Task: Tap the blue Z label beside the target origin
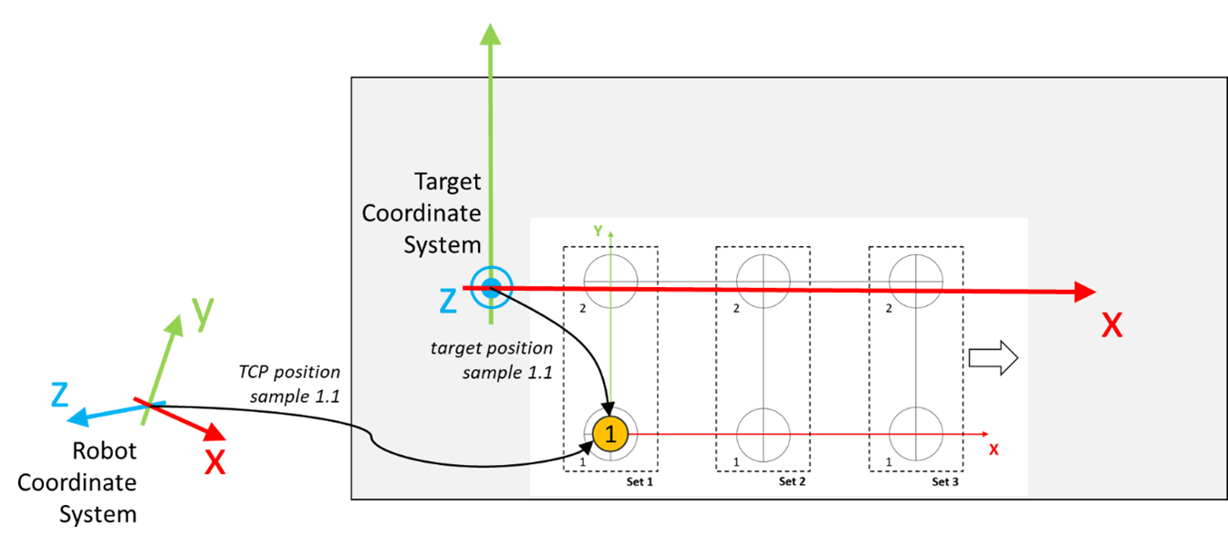(x=448, y=300)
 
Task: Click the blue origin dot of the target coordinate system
(x=491, y=289)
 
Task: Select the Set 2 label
(x=792, y=482)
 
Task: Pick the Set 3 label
(x=944, y=482)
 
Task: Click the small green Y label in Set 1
(x=598, y=232)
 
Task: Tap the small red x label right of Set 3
(x=994, y=449)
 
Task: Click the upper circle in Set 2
(x=763, y=281)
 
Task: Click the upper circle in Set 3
(x=916, y=281)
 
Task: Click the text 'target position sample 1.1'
(x=494, y=360)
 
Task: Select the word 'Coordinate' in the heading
(x=421, y=213)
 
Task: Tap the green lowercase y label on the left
(x=203, y=314)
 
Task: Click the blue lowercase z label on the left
(x=60, y=394)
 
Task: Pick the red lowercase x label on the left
(x=214, y=462)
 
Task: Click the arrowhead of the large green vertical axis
(x=491, y=34)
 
